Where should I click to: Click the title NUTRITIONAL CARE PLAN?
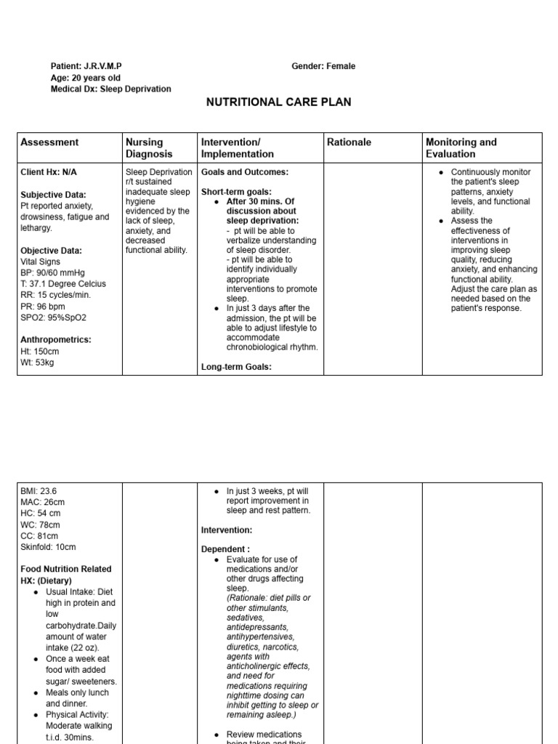coord(279,102)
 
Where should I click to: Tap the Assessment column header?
coord(49,142)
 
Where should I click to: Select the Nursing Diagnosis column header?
coord(149,148)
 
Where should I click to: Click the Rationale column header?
coord(349,142)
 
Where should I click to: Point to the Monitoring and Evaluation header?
coord(461,148)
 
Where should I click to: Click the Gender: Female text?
coord(323,66)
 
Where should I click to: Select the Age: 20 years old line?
coord(86,78)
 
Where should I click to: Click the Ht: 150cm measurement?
coord(41,352)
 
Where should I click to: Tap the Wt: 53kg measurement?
coord(38,363)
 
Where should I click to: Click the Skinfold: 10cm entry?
coord(48,547)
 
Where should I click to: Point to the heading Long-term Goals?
coord(236,368)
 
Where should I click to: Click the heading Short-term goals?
coord(236,192)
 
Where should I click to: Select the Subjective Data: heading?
coord(54,195)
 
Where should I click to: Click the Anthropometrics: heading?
coord(56,339)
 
